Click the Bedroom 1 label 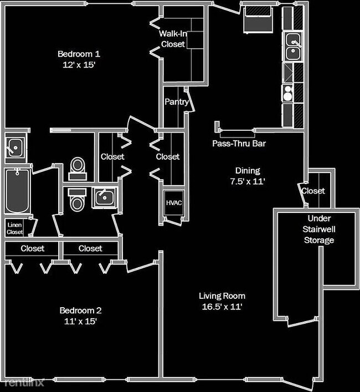pyautogui.click(x=79, y=54)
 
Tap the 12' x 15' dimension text pyautogui.click(x=79, y=64)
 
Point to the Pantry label pyautogui.click(x=177, y=102)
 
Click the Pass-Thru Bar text pyautogui.click(x=239, y=143)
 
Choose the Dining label pyautogui.click(x=247, y=171)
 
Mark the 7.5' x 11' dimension pyautogui.click(x=247, y=181)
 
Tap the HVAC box pyautogui.click(x=173, y=203)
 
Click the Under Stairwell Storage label pyautogui.click(x=318, y=229)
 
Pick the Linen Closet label pyautogui.click(x=15, y=228)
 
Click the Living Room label pyautogui.click(x=222, y=296)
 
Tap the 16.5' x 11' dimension pyautogui.click(x=222, y=306)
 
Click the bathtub pyautogui.click(x=17, y=191)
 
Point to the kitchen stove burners pyautogui.click(x=288, y=93)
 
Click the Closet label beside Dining pyautogui.click(x=313, y=191)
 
